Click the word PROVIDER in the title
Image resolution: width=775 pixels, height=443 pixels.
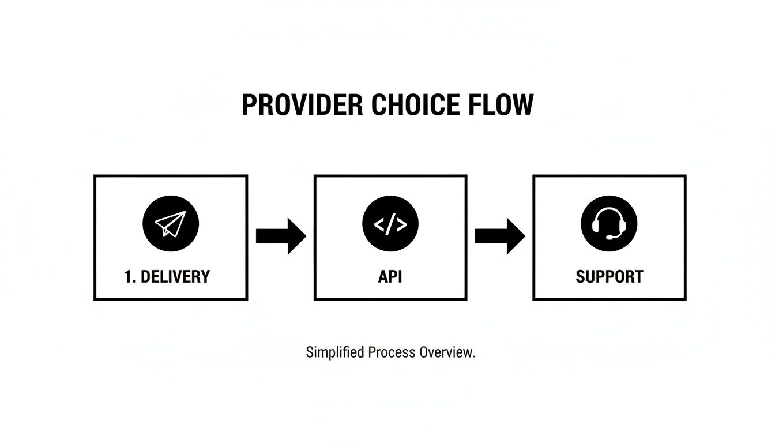[303, 106]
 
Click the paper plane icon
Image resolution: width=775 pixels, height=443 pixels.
[171, 223]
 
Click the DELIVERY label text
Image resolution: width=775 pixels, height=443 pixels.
[175, 277]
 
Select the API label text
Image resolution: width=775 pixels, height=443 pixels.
[390, 277]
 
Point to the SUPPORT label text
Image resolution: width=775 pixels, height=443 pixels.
[609, 277]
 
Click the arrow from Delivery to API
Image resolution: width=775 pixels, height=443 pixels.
[280, 236]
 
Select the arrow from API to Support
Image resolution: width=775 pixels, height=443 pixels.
[499, 236]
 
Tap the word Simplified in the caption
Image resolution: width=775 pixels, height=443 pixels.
[335, 352]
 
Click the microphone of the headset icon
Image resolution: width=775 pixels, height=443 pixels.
[608, 236]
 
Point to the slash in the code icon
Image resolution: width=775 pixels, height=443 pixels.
[390, 224]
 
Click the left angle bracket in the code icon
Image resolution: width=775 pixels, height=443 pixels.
[379, 224]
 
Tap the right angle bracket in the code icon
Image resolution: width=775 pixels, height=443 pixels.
[401, 224]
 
